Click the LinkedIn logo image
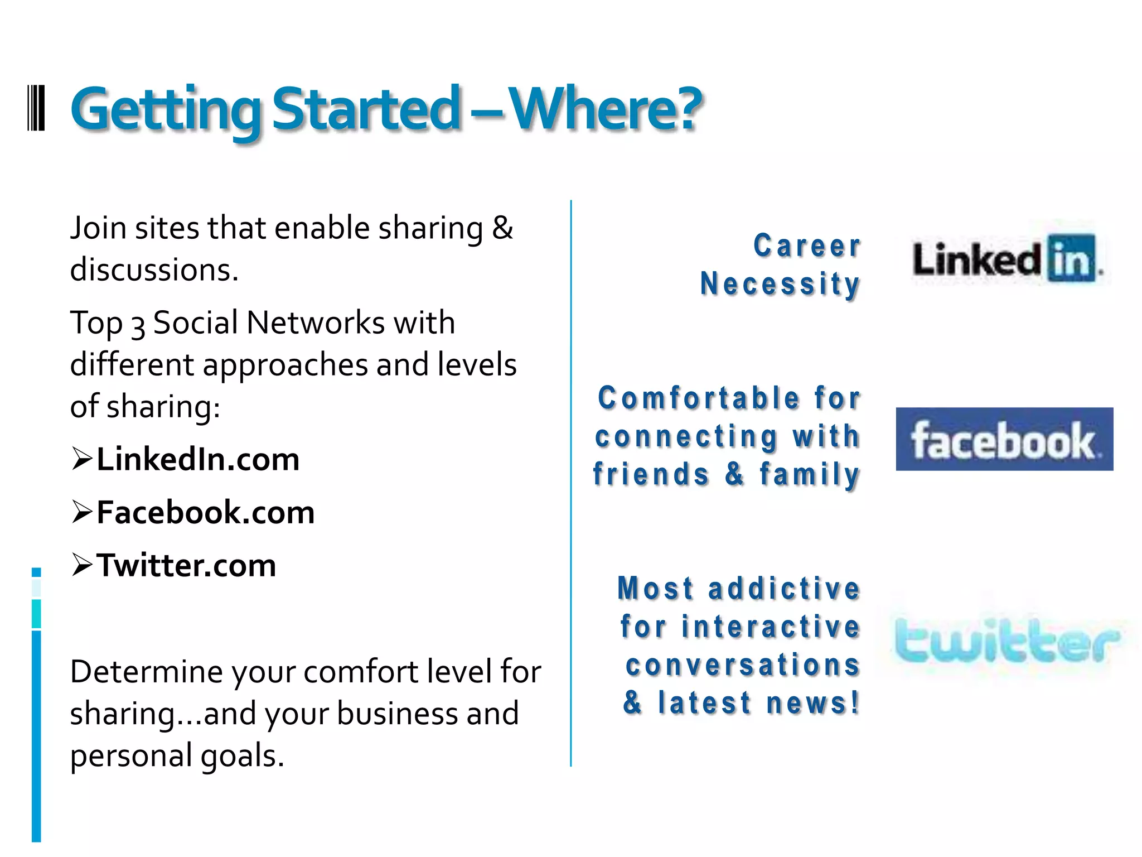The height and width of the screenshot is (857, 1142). (1007, 259)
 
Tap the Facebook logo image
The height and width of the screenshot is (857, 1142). (1004, 439)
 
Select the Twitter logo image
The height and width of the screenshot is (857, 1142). (1006, 641)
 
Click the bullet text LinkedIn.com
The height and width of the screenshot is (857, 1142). (198, 460)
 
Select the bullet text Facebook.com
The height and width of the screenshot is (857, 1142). (205, 513)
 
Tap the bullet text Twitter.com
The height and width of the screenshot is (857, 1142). (186, 566)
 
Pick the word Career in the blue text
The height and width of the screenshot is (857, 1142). (807, 246)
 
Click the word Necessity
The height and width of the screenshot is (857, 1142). (780, 284)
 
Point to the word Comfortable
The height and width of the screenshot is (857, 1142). (699, 398)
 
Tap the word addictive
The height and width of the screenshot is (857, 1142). (784, 589)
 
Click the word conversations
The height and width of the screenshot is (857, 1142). (743, 665)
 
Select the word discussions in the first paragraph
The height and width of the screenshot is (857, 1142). (154, 270)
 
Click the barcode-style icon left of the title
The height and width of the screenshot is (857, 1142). (36, 108)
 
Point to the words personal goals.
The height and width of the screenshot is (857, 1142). (177, 756)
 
